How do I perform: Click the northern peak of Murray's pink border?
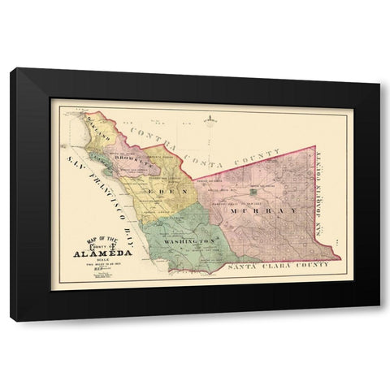[314, 147]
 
